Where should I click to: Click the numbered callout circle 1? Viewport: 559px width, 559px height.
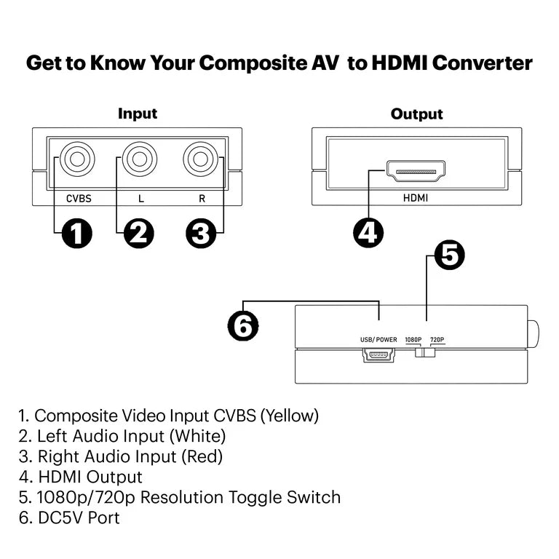click(x=76, y=234)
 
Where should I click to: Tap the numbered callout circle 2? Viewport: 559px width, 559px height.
click(x=138, y=234)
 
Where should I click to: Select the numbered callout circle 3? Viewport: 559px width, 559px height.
click(x=201, y=234)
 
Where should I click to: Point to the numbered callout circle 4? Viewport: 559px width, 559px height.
click(x=369, y=232)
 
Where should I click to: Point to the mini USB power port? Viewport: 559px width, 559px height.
click(x=378, y=355)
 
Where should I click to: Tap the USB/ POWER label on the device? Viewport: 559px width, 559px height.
click(x=378, y=339)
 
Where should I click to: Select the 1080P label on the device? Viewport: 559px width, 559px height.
click(x=413, y=339)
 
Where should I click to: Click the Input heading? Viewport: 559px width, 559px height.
click(x=138, y=114)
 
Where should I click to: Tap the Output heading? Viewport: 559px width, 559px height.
click(x=416, y=114)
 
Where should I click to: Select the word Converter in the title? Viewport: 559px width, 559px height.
click(x=482, y=63)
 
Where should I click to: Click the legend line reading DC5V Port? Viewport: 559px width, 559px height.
click(x=69, y=518)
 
